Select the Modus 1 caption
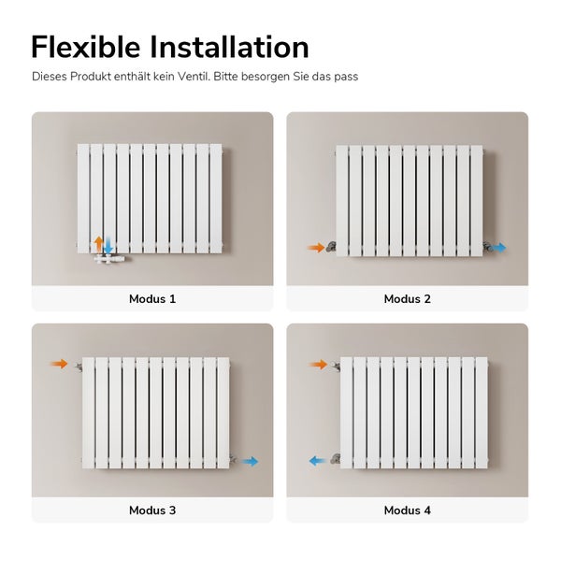coord(152,299)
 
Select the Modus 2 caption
coord(408,299)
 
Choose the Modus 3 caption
coord(152,511)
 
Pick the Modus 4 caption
coord(408,511)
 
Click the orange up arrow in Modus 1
coord(98,244)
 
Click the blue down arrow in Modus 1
coord(108,246)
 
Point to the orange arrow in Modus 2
coord(316,248)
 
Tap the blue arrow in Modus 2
coord(499,248)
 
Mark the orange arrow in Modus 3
coord(60,364)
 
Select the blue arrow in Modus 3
coord(249,461)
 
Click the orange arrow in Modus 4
coord(319,364)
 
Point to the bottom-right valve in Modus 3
coord(232,460)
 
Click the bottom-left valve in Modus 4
coord(335,459)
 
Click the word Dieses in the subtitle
coord(50,76)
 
